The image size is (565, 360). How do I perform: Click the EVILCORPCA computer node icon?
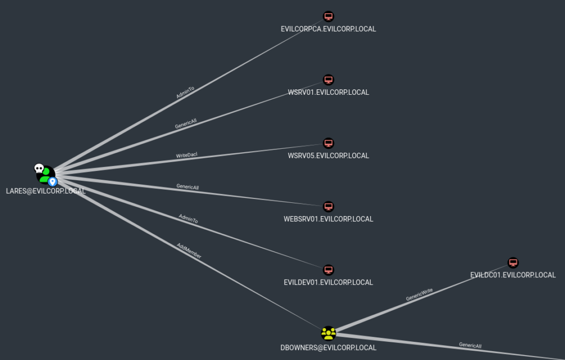click(x=328, y=16)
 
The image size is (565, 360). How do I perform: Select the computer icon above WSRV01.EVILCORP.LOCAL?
click(x=328, y=79)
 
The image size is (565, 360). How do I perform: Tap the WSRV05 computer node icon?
click(x=328, y=143)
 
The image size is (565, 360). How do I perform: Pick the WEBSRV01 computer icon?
click(x=328, y=206)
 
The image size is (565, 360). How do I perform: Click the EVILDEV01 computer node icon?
click(x=328, y=270)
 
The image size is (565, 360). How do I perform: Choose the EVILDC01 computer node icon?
click(x=513, y=262)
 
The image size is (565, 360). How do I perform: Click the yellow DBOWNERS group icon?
click(x=328, y=334)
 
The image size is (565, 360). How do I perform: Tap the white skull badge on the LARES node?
click(x=39, y=168)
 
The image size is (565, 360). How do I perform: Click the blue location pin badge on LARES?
click(x=52, y=182)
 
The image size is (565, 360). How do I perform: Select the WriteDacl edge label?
click(x=186, y=155)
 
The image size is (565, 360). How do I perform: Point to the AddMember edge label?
click(x=189, y=250)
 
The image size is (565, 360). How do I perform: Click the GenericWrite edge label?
click(x=419, y=294)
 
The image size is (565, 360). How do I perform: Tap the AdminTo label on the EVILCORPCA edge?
click(x=185, y=92)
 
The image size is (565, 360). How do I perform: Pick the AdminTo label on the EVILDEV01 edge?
click(x=188, y=218)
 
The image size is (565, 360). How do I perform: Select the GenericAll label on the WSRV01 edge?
click(x=185, y=123)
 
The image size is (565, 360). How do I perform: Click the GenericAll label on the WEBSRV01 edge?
click(x=188, y=186)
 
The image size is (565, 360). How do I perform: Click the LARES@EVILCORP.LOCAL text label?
click(x=46, y=191)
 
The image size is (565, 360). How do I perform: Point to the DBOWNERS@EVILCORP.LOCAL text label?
click(x=328, y=348)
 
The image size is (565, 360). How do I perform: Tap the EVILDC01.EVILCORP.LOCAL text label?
click(x=513, y=275)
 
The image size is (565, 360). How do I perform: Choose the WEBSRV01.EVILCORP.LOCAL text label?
click(x=328, y=219)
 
